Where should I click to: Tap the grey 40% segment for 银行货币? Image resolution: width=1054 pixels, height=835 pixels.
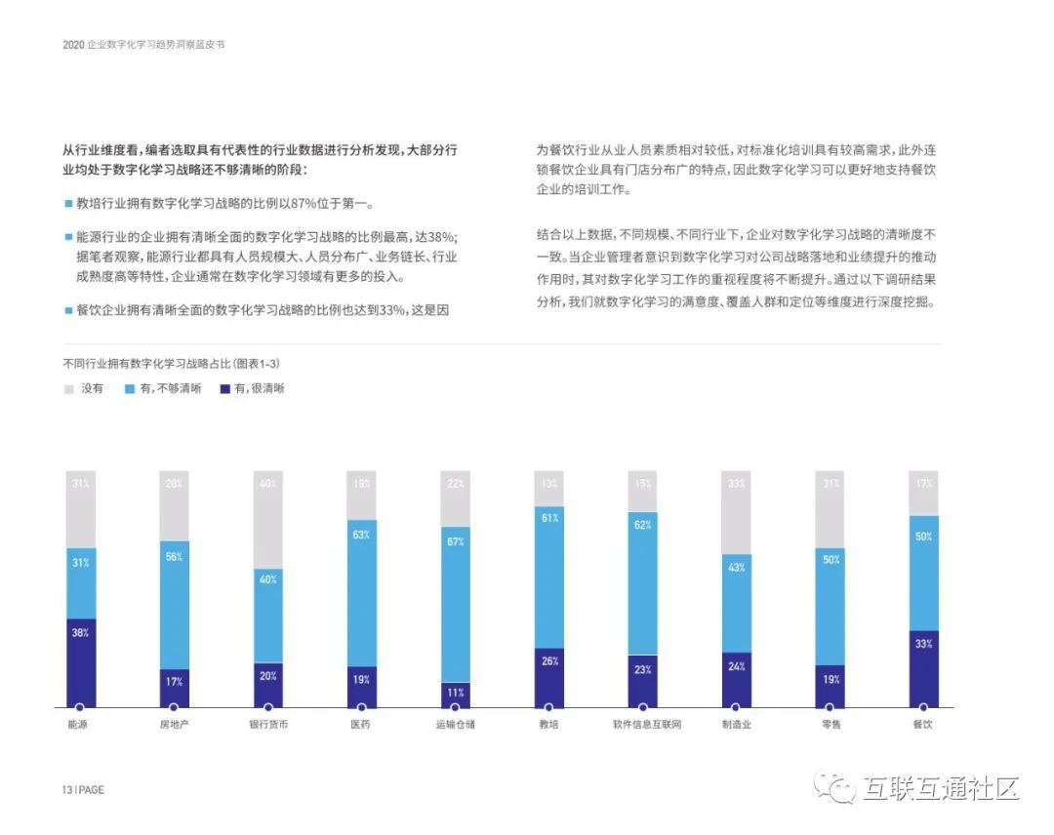point(268,520)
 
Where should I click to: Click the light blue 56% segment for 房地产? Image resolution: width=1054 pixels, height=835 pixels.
point(175,605)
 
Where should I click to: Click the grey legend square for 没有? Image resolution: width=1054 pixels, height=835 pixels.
point(68,388)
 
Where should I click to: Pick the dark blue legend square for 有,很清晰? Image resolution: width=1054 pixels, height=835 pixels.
point(225,388)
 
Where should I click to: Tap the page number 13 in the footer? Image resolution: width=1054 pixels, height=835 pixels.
point(67,790)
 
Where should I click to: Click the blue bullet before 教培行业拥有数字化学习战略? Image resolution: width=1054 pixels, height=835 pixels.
point(68,205)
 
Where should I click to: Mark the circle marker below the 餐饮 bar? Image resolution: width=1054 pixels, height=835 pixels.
point(923,707)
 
